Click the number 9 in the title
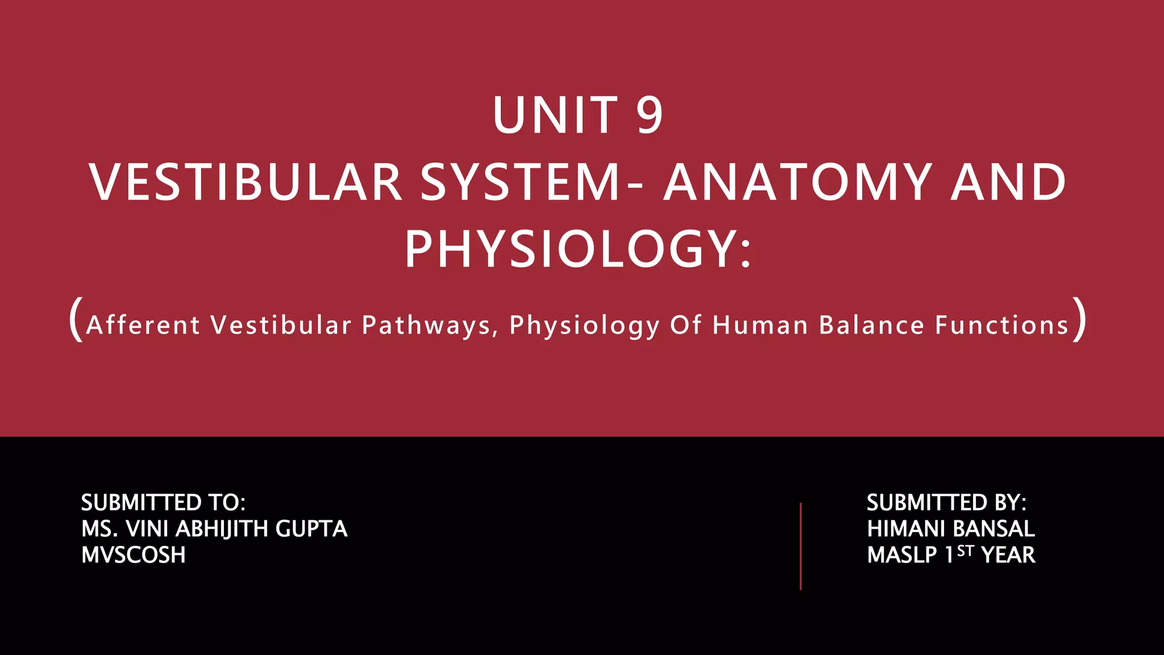point(649,115)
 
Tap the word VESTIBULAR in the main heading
point(246,183)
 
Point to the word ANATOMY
point(798,183)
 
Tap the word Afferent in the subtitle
point(143,325)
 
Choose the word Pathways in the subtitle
point(427,325)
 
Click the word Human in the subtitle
point(760,325)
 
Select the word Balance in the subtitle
point(872,325)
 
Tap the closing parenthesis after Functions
point(1080,320)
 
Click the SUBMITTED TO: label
point(163,503)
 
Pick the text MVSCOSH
point(134,555)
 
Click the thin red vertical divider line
point(800,546)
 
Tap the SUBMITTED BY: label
point(946,503)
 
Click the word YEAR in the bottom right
point(1008,555)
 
